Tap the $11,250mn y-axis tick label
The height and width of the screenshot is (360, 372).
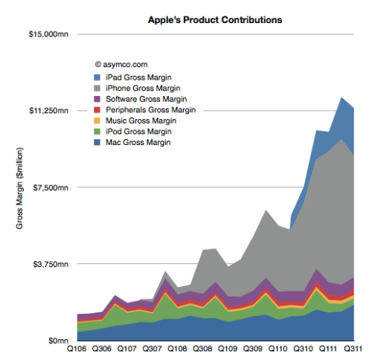pos(48,111)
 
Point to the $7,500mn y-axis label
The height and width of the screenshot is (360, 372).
pos(51,187)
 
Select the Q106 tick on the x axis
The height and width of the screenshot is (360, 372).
pos(77,349)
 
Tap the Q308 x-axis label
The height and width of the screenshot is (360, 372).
pos(202,349)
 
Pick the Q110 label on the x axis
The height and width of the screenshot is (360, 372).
pos(278,349)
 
